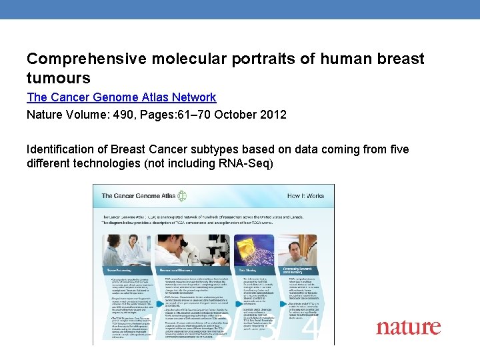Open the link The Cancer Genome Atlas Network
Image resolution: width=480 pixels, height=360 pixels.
[121, 97]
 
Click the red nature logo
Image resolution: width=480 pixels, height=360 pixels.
[408, 327]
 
